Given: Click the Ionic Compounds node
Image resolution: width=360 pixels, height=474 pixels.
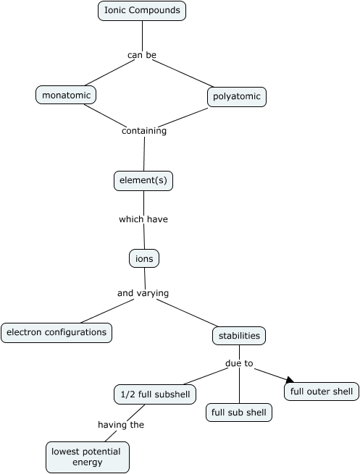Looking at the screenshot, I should [142, 11].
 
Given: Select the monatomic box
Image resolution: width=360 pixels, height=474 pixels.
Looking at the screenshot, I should [66, 95].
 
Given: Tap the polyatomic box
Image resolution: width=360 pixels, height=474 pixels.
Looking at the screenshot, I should [237, 97].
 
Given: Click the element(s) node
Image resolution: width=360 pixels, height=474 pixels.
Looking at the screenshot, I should [143, 180].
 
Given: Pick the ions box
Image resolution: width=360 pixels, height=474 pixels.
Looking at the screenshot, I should [143, 258].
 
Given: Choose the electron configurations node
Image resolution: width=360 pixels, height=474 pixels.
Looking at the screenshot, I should [56, 332].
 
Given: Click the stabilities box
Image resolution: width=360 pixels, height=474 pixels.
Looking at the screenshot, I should [239, 336].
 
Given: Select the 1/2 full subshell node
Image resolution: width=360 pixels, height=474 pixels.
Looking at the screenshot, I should [154, 394].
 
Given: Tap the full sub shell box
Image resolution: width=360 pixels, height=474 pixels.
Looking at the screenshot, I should [238, 412].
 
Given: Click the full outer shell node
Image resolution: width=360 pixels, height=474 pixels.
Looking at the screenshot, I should [321, 392].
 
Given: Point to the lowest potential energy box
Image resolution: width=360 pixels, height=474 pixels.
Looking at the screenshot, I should [88, 456].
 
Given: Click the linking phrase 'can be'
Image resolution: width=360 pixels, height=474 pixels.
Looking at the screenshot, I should [142, 54].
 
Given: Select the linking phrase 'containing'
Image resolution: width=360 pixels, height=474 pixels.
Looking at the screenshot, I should [144, 131].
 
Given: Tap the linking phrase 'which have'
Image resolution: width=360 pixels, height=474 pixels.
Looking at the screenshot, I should [143, 219].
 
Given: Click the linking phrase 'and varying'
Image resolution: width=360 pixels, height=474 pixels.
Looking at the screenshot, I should [143, 293].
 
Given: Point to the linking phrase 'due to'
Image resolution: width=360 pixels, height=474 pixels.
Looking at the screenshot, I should [239, 363].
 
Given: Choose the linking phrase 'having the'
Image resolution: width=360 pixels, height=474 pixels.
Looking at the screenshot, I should [121, 425].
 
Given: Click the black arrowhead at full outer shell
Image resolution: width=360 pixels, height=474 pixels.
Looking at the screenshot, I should [290, 379].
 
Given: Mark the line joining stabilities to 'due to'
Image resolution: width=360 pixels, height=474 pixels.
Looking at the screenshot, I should [239, 351].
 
